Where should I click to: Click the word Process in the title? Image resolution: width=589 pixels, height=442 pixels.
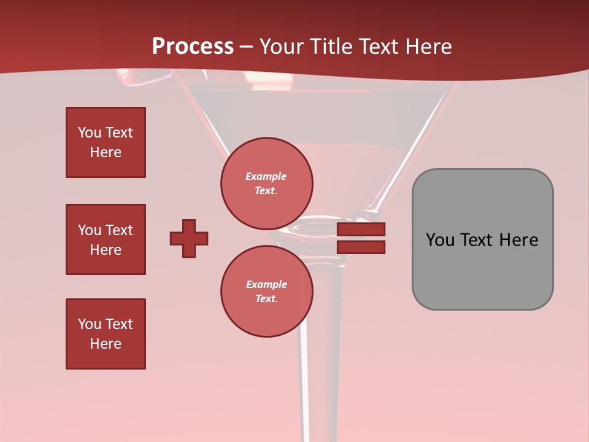tap(193, 47)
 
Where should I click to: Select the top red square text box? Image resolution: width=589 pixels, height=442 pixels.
tap(106, 142)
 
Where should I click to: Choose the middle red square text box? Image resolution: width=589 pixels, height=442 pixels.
tap(106, 239)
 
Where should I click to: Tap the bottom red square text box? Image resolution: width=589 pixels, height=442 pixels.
tap(106, 334)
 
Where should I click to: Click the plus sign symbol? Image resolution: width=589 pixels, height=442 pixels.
tap(189, 238)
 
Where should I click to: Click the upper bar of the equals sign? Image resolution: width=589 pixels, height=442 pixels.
tap(361, 230)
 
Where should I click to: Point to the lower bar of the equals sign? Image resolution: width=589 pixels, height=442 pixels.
tap(361, 247)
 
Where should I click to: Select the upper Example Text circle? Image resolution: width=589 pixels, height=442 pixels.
tap(267, 184)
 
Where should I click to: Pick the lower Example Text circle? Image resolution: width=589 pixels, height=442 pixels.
tap(267, 291)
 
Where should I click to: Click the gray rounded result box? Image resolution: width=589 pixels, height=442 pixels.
tap(482, 239)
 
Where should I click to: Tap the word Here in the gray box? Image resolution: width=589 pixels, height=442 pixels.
tap(518, 240)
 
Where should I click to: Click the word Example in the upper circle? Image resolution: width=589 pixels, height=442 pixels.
tap(266, 176)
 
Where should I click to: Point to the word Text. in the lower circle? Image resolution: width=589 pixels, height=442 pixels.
tap(266, 299)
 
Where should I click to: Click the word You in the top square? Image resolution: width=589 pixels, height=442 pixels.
tap(89, 133)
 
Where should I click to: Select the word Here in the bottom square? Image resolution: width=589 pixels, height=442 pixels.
tap(106, 344)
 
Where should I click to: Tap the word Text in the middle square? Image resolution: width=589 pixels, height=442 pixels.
tap(119, 230)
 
